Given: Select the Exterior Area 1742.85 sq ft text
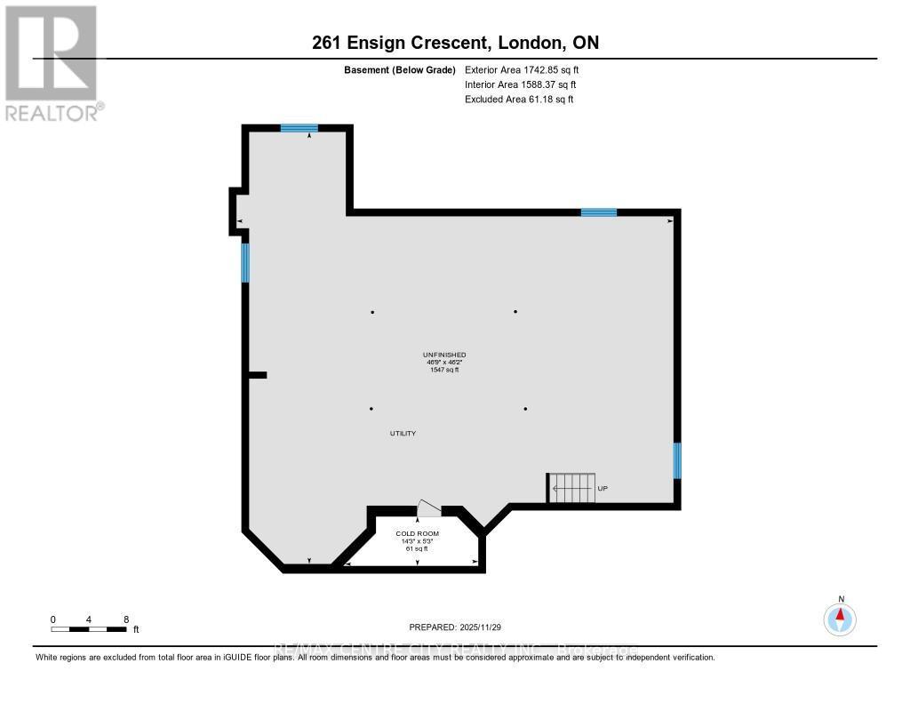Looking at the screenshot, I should tap(522, 69).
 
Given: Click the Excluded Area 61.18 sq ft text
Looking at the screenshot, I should tap(519, 100).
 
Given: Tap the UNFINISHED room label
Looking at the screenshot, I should tap(444, 355).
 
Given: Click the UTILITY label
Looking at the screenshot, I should tap(403, 434).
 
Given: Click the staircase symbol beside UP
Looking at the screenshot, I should tap(571, 488).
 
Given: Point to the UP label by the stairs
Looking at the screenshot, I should tap(603, 489).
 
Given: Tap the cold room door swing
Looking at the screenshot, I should tap(428, 508).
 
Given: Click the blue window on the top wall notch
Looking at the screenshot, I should tap(299, 128).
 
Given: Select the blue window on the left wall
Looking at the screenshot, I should tap(245, 262).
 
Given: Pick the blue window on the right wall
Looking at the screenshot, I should tap(677, 460).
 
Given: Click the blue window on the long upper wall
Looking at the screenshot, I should tap(599, 212).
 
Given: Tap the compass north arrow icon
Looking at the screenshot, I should tap(841, 618).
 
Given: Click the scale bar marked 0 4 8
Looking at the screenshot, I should tap(89, 628).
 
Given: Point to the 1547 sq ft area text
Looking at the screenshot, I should tap(444, 370).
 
